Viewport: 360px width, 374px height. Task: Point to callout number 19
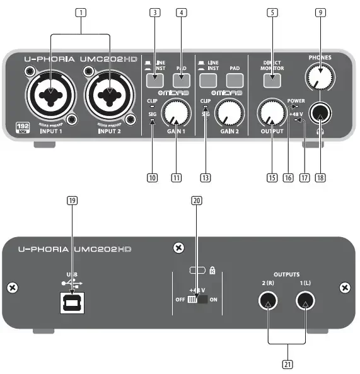point(72,200)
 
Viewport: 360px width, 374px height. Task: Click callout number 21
point(287,364)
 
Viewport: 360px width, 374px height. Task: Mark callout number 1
point(79,12)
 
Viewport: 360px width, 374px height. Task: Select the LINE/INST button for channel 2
point(208,80)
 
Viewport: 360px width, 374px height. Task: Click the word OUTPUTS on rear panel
point(286,275)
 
